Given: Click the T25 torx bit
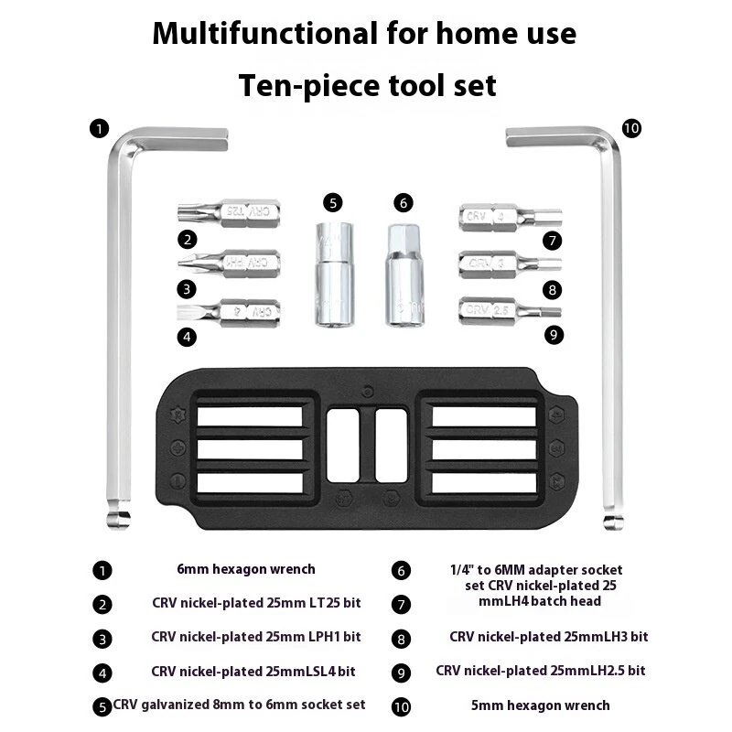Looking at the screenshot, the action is click(229, 213).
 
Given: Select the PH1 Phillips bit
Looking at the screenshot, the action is click(230, 263).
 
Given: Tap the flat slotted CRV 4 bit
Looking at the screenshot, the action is click(228, 312).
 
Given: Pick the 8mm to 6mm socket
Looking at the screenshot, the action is click(334, 274).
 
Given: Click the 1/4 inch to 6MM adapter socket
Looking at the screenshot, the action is click(405, 275).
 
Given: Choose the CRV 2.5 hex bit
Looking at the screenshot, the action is click(511, 311).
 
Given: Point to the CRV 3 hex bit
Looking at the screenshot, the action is click(511, 264).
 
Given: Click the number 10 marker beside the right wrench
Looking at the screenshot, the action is click(631, 128).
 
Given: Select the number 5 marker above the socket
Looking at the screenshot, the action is click(333, 203).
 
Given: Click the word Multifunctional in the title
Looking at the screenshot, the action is click(265, 34).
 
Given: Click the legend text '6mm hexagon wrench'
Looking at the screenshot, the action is click(246, 569).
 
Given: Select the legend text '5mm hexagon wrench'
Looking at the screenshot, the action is click(541, 705).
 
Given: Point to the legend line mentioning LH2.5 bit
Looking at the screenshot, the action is click(541, 671).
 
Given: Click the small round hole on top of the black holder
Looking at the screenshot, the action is click(368, 392).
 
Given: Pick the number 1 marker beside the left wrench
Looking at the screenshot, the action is click(100, 128).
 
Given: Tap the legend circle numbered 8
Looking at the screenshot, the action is click(401, 639).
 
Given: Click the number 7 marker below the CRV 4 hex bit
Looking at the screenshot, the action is click(553, 241).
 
